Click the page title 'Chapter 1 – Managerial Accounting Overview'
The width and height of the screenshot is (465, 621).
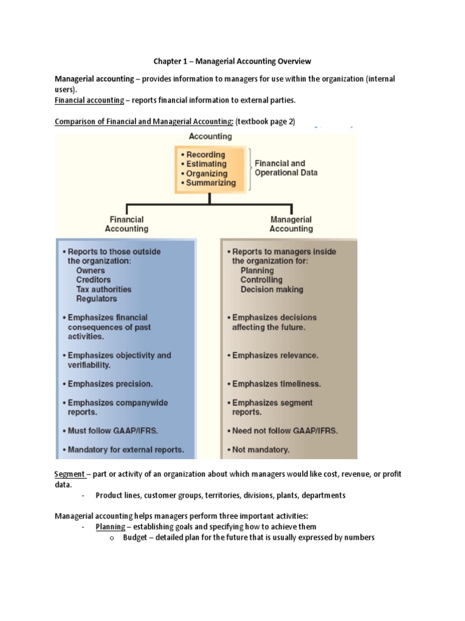point(232,61)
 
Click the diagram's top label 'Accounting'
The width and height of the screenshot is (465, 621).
point(210,136)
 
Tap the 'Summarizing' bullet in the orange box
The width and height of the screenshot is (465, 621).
point(208,183)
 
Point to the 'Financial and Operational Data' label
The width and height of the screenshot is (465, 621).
point(286,168)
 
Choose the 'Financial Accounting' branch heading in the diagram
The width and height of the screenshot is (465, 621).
point(126,224)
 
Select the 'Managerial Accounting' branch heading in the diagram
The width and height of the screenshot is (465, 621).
point(291,224)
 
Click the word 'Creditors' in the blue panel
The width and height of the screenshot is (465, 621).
point(93,280)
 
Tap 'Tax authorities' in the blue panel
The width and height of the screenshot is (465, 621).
point(104,289)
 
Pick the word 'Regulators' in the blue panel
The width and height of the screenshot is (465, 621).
point(96,299)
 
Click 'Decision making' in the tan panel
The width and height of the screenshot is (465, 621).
point(272,289)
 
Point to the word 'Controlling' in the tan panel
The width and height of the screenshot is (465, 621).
point(262,280)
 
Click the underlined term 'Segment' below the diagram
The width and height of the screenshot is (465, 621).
point(69,473)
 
